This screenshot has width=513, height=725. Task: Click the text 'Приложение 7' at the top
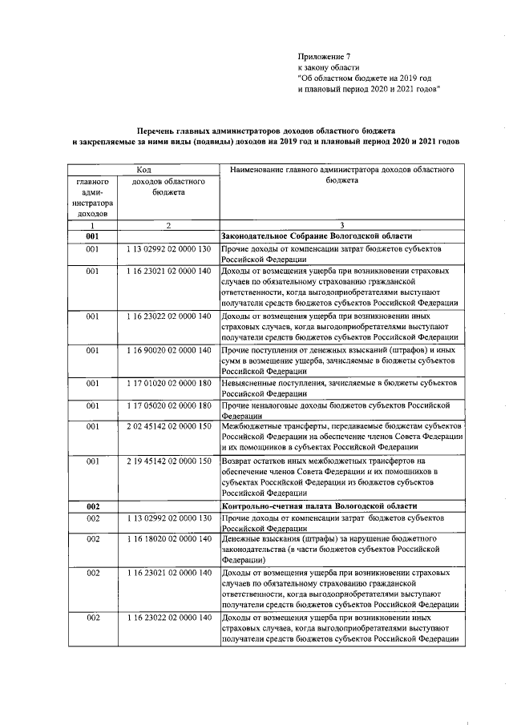pyautogui.click(x=325, y=56)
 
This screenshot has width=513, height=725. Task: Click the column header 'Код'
pyautogui.click(x=143, y=171)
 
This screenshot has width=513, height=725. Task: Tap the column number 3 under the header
pyautogui.click(x=342, y=226)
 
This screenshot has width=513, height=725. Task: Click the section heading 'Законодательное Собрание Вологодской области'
pyautogui.click(x=317, y=237)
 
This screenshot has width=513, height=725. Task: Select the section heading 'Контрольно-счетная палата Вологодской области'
pyautogui.click(x=318, y=506)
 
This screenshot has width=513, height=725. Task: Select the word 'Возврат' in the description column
pyautogui.click(x=239, y=461)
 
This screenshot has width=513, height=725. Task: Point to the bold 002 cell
pyautogui.click(x=93, y=506)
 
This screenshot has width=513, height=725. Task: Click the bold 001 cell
pyautogui.click(x=93, y=237)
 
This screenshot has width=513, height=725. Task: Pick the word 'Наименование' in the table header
pyautogui.click(x=258, y=171)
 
